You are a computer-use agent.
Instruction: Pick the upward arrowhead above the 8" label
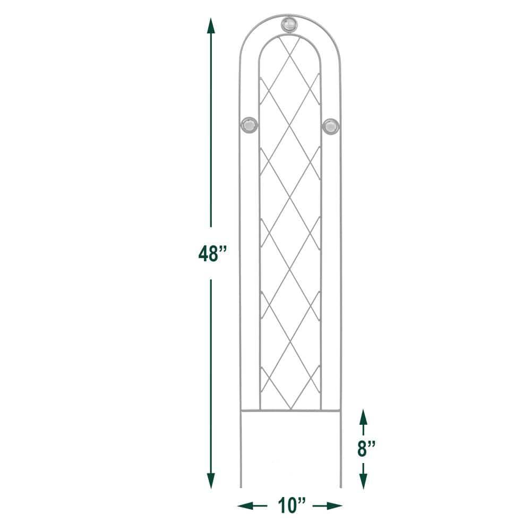click(x=363, y=417)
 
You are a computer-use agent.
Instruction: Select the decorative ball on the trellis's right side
click(x=330, y=125)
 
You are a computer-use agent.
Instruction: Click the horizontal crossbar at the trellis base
click(x=290, y=410)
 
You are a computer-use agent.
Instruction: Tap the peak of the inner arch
click(x=289, y=36)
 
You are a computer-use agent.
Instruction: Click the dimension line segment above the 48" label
click(x=211, y=133)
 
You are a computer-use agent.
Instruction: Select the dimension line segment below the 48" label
click(x=211, y=372)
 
